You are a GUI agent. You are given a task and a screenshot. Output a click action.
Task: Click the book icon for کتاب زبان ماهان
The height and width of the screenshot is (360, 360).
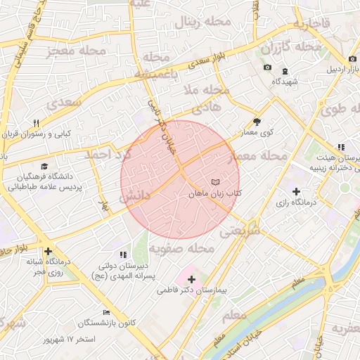click(x=215, y=181)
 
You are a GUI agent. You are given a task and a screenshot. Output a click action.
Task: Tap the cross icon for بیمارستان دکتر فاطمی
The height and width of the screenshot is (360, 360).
click(x=191, y=279)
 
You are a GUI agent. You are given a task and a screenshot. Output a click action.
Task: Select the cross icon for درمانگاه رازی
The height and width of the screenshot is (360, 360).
click(x=295, y=191)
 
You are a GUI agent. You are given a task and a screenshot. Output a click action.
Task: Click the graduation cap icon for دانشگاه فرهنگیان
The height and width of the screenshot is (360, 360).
click(x=45, y=167)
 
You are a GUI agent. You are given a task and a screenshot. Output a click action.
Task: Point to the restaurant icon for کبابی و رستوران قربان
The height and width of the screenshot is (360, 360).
click(x=37, y=123)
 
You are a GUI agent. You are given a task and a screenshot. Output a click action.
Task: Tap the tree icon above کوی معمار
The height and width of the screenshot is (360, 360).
click(x=257, y=121)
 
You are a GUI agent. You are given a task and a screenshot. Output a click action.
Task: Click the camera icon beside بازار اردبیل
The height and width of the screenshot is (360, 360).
click(x=351, y=58)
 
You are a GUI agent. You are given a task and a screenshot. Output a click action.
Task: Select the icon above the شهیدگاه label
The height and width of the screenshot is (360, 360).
click(x=285, y=71)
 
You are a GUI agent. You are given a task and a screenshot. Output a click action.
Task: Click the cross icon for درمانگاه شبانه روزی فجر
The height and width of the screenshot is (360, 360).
click(x=48, y=251)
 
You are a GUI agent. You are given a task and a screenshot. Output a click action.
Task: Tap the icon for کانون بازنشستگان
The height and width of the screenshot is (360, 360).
click(x=106, y=312)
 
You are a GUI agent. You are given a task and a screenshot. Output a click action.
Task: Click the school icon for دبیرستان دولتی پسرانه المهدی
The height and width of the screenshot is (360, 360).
click(x=124, y=255)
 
